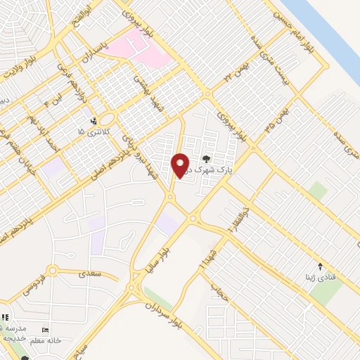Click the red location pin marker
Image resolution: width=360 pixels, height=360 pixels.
(181, 166)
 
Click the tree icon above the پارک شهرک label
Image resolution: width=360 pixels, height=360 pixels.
(206, 159)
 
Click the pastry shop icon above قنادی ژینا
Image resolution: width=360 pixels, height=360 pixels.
(321, 266)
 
